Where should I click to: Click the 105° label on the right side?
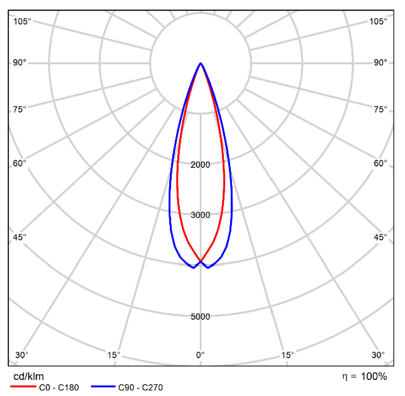tap(379, 21)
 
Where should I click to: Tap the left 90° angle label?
tap(20, 62)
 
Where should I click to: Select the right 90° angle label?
tap(381, 62)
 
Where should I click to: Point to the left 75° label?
tap(20, 109)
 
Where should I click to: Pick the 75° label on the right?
tap(381, 109)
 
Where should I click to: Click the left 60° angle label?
tap(20, 163)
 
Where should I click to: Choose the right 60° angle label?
tap(381, 163)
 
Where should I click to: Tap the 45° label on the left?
tap(20, 238)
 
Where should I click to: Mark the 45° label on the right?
tap(381, 238)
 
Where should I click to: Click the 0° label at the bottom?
tap(200, 355)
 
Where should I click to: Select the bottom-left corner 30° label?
tap(21, 355)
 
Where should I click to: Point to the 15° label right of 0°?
tap(287, 355)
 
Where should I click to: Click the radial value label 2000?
tap(200, 165)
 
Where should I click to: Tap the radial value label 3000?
tap(200, 215)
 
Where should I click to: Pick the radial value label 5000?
tap(200, 317)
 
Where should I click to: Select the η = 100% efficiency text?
tap(364, 376)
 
